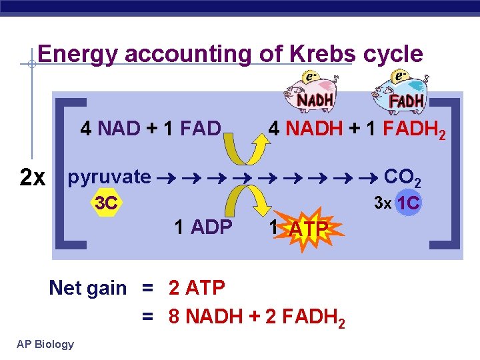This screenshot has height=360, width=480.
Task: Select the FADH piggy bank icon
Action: coord(399,93)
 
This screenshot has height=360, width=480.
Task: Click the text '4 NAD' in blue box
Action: coord(105,128)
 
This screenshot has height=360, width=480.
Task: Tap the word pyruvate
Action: coord(109,177)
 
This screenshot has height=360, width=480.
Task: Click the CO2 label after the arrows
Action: coord(403,178)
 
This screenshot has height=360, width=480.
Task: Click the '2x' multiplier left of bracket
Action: coord(33,178)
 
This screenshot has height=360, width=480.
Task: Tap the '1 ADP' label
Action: coord(203,227)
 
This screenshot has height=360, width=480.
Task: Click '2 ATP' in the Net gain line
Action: coord(197,288)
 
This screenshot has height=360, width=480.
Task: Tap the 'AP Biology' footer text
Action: coord(45,344)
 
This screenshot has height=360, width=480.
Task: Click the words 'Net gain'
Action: coord(87,288)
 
